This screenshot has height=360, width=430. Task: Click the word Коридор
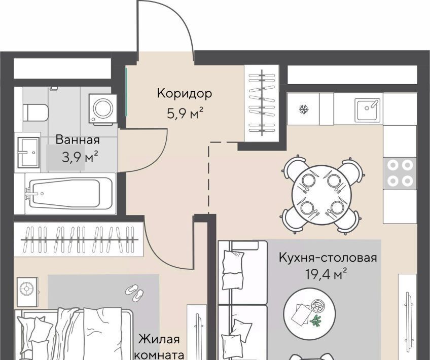pos(184,93)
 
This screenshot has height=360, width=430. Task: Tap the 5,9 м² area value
pos(185,113)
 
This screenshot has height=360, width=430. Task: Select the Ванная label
pos(78,140)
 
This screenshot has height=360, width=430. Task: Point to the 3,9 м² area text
pos(80,158)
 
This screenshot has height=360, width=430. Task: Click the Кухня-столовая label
pos(328,258)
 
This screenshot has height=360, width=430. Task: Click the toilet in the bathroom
pos(35,113)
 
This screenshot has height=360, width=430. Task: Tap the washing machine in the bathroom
pos(103,109)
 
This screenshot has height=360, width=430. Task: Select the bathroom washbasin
pos(28,153)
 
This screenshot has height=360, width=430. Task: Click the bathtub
pos(68,193)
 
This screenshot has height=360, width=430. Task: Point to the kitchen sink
pos(368,110)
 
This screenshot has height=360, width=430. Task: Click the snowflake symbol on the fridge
pos(304,110)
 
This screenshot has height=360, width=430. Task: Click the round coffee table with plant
pos(310,314)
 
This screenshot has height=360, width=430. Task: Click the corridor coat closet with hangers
pos(262,103)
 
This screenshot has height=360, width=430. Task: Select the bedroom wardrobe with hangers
pos(79,240)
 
